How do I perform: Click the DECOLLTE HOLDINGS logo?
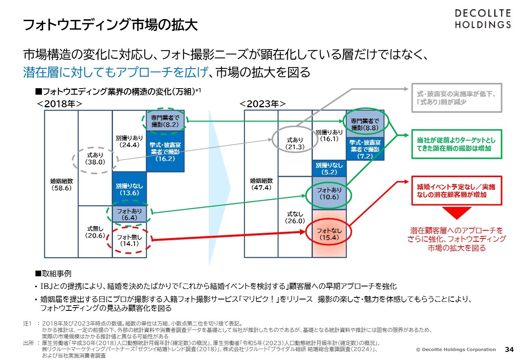(482, 18)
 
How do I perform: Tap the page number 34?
(509, 349)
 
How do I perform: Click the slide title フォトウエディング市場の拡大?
(110, 25)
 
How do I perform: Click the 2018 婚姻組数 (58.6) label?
(61, 184)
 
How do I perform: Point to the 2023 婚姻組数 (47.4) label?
(261, 184)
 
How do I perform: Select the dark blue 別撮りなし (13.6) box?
(129, 189)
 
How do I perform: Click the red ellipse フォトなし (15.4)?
(329, 234)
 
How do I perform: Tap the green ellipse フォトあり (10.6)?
(329, 193)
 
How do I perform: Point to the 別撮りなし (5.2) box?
(329, 169)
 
